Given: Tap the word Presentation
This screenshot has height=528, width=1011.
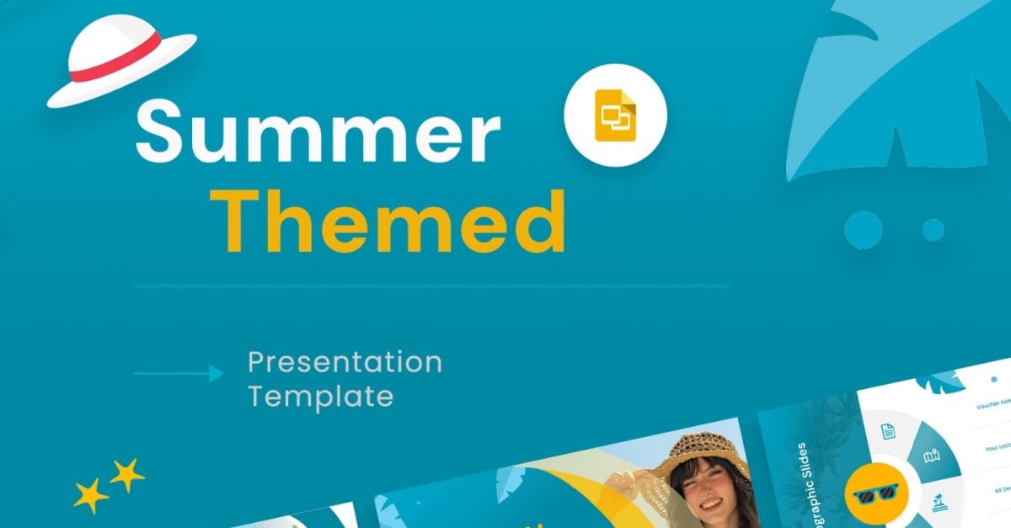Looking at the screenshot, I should point(345,362).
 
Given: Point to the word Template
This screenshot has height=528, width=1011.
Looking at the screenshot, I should point(320,396).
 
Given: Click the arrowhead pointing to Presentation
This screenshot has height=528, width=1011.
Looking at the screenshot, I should point(217,372).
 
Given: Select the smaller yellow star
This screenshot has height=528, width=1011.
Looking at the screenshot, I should point(127,475).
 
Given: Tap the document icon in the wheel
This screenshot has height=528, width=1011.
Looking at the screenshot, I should point(887,432).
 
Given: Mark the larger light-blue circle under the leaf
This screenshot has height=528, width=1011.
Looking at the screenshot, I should point(863,229).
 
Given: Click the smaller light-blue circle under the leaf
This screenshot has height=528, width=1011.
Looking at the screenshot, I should point(933,229).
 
